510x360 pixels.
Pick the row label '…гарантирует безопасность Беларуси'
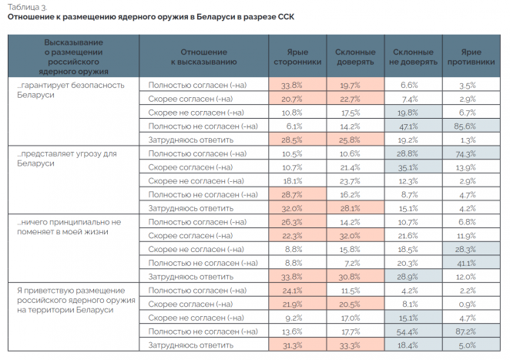[x=69, y=89]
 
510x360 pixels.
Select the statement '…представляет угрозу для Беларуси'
[x=65, y=158]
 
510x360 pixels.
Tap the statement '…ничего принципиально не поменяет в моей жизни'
[x=69, y=226]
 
